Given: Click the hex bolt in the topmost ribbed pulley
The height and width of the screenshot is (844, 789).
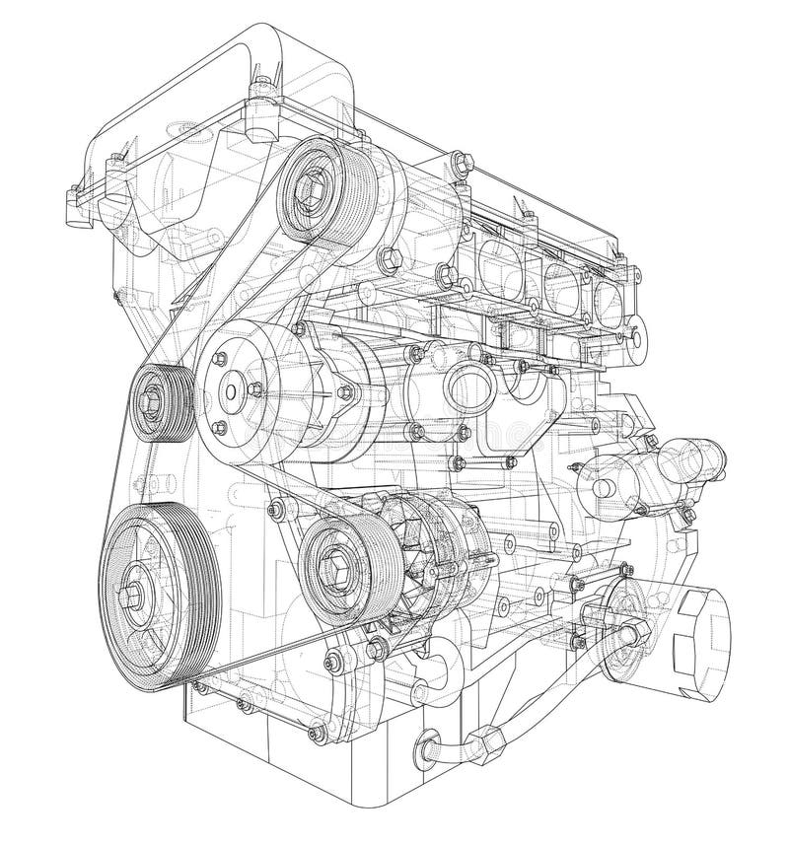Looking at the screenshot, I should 315,182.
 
